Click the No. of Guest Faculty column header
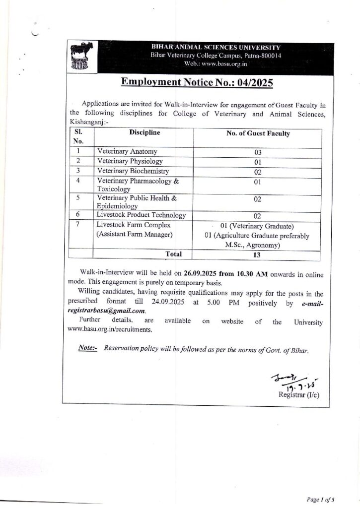258,133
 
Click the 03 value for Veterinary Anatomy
258,152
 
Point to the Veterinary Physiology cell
130,161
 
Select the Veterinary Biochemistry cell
133,171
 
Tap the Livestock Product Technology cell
142,215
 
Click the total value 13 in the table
258,255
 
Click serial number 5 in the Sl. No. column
78,197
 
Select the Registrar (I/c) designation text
299,394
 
